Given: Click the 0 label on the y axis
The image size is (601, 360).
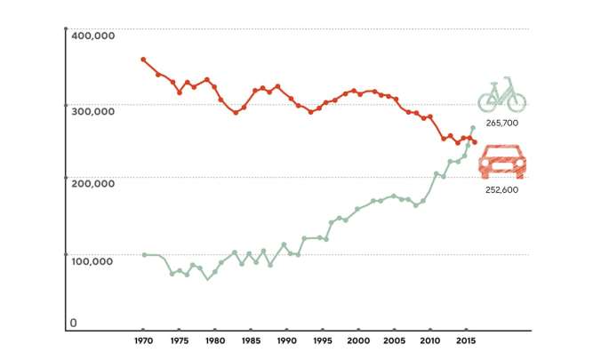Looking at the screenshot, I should point(74,323).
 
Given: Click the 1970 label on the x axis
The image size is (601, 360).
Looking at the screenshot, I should point(143,340).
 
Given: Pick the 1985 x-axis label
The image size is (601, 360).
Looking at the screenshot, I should point(251,340).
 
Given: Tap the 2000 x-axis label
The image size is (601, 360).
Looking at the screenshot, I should point(358,340).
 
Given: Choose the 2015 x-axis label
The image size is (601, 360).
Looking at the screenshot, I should point(465,340).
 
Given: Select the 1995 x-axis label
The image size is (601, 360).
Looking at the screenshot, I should point(322,340).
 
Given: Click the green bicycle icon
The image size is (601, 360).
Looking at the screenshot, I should point(501,93).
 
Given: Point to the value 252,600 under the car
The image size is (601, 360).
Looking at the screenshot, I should point(502,190).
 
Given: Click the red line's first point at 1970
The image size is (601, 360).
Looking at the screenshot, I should point(143,60).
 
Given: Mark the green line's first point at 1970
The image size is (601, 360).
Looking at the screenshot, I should point(144,255).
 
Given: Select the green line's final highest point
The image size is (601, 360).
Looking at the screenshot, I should point(472,128).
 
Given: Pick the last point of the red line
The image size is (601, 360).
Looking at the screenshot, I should point(475,142).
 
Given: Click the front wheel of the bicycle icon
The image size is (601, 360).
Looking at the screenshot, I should point(517,100).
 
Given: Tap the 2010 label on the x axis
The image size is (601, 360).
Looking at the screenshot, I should point(429,340).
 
